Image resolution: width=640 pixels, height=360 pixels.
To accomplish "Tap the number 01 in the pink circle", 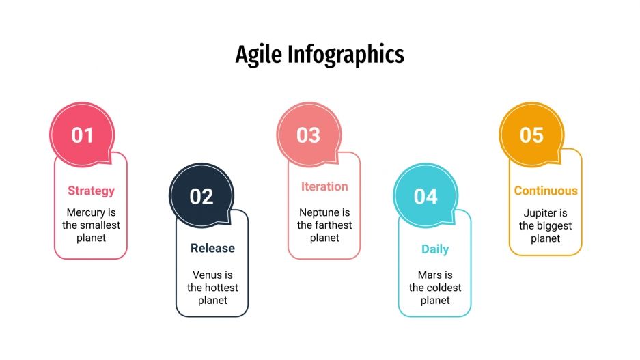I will tap(82, 135).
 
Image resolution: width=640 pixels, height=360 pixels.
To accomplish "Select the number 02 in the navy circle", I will tap(201, 197).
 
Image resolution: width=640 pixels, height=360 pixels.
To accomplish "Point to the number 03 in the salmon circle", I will tap(308, 135).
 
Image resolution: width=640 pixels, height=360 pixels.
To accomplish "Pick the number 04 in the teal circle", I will tap(426, 197).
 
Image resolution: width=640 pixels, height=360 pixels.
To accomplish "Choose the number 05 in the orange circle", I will tap(531, 135).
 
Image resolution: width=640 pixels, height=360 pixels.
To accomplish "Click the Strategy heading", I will tap(91, 191).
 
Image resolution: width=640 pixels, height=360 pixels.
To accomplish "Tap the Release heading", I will tap(212, 249).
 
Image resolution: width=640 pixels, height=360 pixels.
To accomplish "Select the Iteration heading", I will tap(324, 186).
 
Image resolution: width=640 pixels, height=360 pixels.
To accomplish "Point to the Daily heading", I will tap(435, 249).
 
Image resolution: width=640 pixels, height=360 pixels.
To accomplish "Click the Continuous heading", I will tap(546, 191).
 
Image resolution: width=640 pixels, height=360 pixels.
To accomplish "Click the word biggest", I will tap(554, 225).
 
